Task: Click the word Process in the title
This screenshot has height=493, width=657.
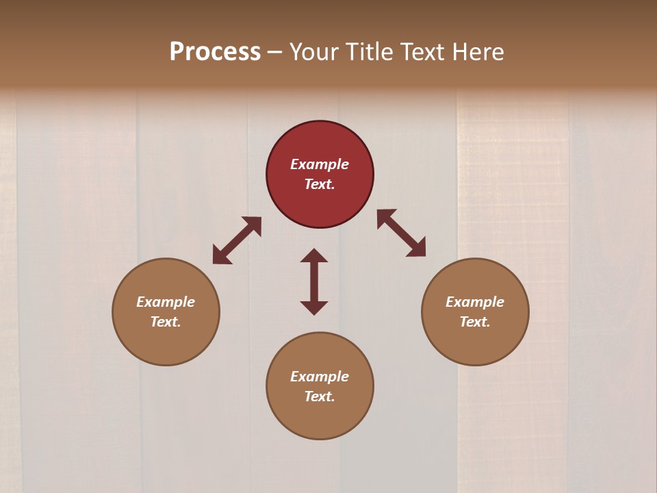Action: [x=215, y=52]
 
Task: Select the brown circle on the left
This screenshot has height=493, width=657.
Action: [x=166, y=342]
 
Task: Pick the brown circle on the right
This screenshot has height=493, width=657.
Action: [x=475, y=342]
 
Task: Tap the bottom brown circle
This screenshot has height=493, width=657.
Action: [x=320, y=418]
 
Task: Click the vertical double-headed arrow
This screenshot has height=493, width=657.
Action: [x=314, y=281]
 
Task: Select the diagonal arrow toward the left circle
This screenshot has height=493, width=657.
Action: [x=237, y=240]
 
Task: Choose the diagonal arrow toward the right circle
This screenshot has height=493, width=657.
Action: [x=402, y=233]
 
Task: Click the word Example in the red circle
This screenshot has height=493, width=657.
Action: [x=320, y=164]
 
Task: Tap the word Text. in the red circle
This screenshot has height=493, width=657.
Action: [x=320, y=184]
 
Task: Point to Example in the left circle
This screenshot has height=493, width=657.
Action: [x=166, y=302]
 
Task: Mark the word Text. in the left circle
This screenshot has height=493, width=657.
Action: [x=166, y=322]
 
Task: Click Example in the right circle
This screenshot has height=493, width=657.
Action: [x=475, y=302]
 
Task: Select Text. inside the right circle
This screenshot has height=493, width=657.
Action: [x=475, y=322]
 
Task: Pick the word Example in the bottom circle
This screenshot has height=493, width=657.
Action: [x=320, y=377]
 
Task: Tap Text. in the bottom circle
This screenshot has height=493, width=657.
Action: [x=320, y=396]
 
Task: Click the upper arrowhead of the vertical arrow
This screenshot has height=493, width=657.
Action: [x=314, y=255]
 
